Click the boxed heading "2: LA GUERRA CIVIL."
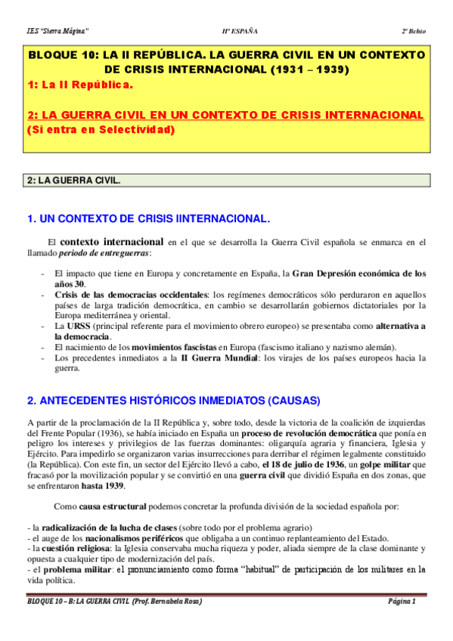tap(73, 181)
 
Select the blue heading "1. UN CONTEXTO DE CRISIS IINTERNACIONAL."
tap(147, 218)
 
